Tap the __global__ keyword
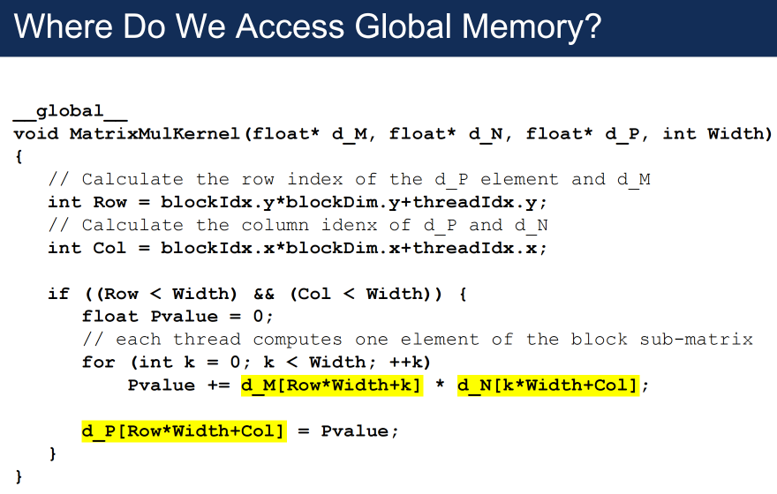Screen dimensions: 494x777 point(71,111)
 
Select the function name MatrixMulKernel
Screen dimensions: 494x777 point(155,134)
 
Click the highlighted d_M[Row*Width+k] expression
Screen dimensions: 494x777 point(332,385)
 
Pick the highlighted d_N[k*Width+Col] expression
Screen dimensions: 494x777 point(547,385)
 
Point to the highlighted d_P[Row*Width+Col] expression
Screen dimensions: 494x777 point(185,430)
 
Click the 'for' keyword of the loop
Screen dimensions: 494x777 point(99,362)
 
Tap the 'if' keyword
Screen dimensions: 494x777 point(59,294)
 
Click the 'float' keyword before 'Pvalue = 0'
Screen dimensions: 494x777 point(110,317)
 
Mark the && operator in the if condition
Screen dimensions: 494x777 point(264,294)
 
